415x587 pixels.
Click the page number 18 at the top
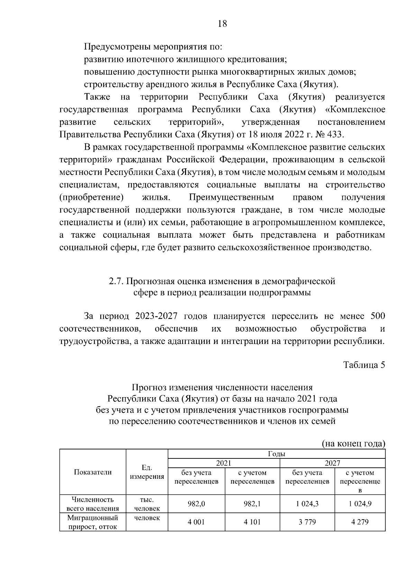click(x=222, y=24)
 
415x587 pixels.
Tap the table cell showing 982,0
click(x=196, y=504)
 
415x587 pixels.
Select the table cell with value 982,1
click(x=252, y=504)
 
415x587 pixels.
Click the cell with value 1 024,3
click(x=307, y=504)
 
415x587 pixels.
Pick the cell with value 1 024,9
click(x=360, y=504)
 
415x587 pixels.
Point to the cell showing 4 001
click(x=196, y=522)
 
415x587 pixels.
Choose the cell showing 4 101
click(x=252, y=522)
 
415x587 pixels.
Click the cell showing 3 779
click(x=307, y=522)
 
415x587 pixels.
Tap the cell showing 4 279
click(x=360, y=522)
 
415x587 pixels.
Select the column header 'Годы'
click(x=276, y=454)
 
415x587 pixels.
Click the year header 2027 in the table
click(x=332, y=463)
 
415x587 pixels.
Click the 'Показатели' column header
click(x=93, y=472)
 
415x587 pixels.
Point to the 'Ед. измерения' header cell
click(x=147, y=472)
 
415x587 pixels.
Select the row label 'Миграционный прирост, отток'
click(x=93, y=522)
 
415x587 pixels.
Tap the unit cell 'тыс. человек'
click(x=147, y=504)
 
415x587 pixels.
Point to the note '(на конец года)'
click(x=353, y=444)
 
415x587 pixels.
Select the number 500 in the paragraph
click(x=377, y=316)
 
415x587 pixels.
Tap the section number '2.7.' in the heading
click(x=116, y=281)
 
